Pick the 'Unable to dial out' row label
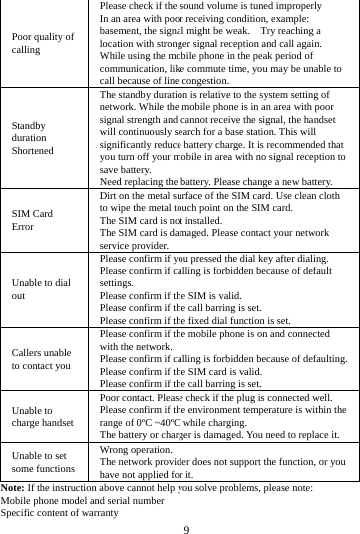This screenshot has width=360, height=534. coord(41,289)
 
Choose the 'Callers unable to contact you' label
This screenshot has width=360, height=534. coord(42,358)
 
